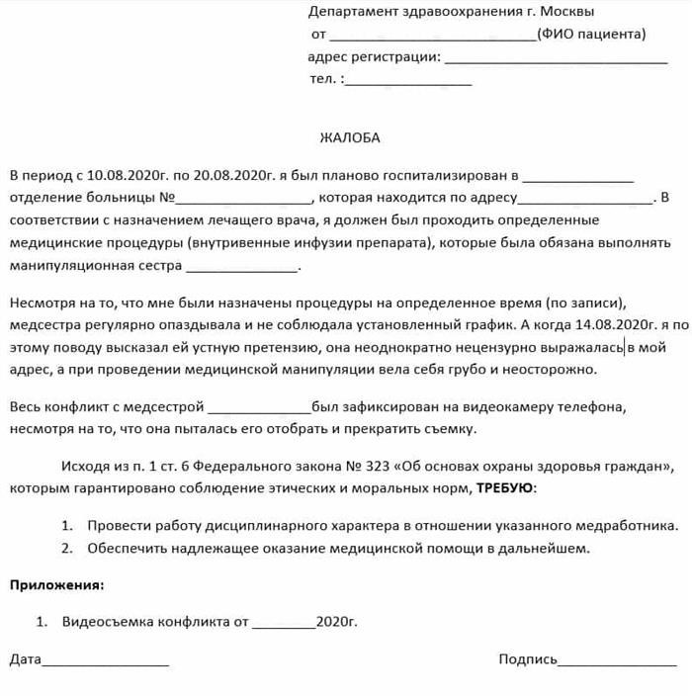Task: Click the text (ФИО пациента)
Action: click(x=591, y=35)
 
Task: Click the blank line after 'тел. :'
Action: click(x=407, y=80)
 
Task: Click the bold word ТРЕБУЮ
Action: click(x=506, y=488)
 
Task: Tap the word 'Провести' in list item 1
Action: click(x=116, y=526)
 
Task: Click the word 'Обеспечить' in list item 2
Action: click(x=125, y=548)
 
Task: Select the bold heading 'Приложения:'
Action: click(x=56, y=585)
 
